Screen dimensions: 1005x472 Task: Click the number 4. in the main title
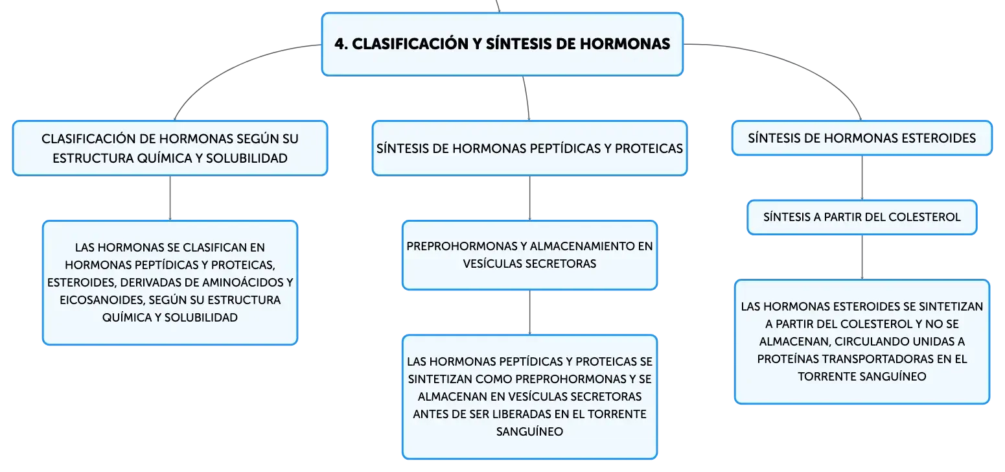click(341, 44)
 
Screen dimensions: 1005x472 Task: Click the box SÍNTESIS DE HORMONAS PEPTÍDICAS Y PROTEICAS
click(529, 148)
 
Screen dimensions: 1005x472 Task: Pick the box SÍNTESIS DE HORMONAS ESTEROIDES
click(862, 138)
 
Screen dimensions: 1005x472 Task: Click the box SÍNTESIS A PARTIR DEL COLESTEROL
click(862, 217)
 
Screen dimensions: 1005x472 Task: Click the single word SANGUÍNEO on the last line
click(529, 432)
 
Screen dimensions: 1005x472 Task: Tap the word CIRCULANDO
click(888, 341)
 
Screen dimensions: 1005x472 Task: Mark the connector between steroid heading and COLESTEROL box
click(862, 178)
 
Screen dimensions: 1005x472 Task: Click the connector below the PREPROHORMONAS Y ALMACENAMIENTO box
click(529, 312)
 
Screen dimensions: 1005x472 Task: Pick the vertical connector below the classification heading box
click(170, 198)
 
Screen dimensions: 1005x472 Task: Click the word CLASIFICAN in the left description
click(216, 248)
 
